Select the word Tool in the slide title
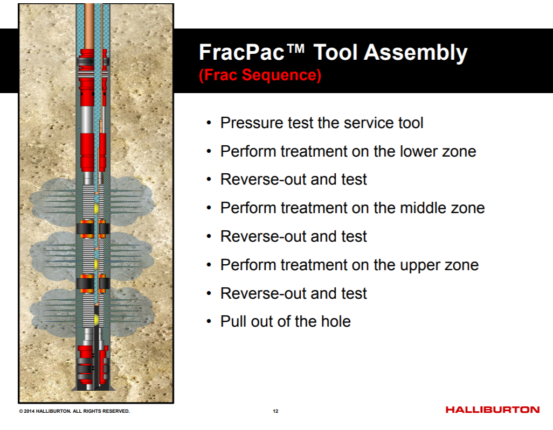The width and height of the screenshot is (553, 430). [335, 53]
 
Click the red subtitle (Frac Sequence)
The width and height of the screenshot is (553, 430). [260, 75]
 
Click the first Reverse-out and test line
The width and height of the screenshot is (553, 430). [294, 179]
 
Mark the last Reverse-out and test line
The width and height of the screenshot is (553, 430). [294, 293]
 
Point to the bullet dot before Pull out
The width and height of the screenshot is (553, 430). [209, 322]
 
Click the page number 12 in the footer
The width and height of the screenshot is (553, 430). [275, 411]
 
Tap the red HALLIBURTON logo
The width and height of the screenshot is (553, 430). [492, 410]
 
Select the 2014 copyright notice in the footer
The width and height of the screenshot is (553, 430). [74, 411]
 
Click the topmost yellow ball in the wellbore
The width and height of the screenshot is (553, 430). [97, 207]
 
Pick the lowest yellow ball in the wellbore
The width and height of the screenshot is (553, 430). [97, 320]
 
